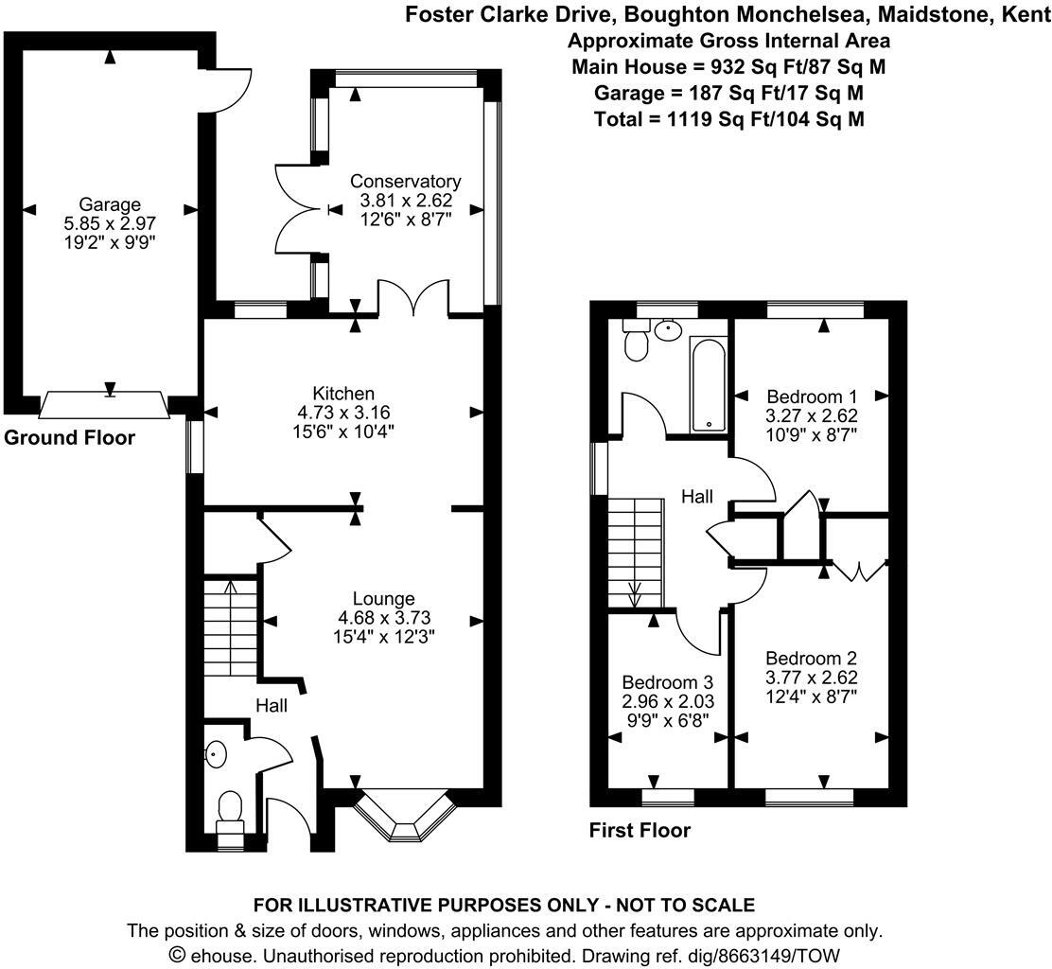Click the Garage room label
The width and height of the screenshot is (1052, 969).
110,203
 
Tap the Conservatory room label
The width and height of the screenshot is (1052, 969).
405,181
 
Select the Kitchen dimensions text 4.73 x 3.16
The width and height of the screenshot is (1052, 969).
345,412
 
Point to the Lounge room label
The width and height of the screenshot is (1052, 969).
383,598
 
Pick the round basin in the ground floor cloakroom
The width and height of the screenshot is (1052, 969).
217,754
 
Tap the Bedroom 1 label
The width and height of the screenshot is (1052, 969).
812,396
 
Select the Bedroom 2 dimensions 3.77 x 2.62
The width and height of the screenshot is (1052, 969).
811,677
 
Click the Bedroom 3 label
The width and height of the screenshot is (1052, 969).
667,681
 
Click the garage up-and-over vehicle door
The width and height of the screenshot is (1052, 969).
105,405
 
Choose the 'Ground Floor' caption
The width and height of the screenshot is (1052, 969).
69,438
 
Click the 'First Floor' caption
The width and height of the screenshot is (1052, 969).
640,831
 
